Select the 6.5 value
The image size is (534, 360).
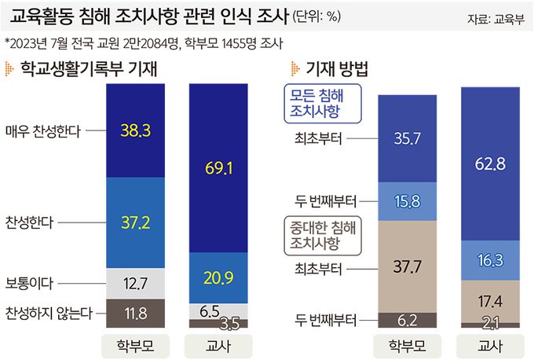(210, 310)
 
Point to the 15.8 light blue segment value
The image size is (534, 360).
(407, 202)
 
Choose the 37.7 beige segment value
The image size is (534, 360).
(407, 267)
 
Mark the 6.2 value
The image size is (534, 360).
(407, 320)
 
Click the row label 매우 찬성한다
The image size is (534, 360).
(43, 130)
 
